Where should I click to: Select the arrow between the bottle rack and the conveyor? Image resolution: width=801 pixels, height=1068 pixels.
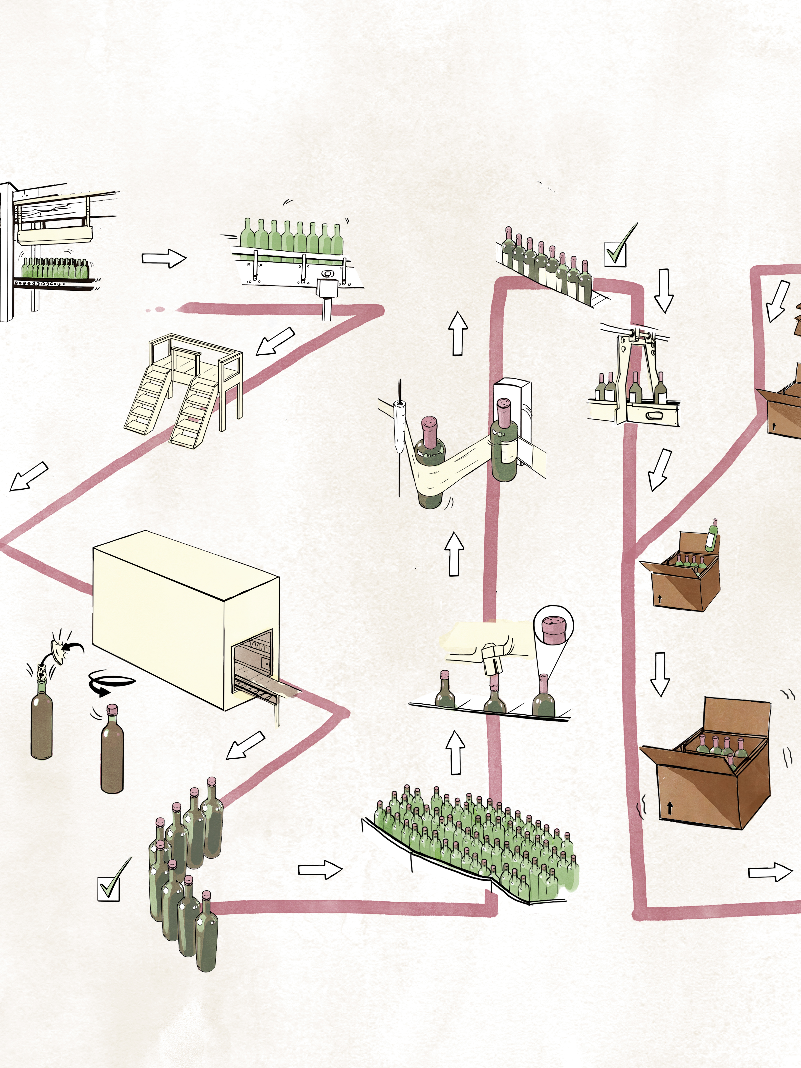pos(164,258)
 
